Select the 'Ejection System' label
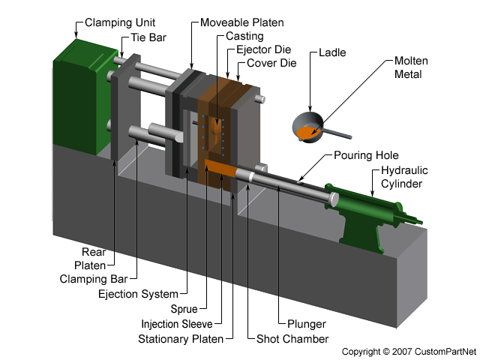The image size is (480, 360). coord(139,293)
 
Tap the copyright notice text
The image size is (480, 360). coord(409,351)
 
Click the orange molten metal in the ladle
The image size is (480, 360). coord(306,133)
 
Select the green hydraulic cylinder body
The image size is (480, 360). coord(367,201)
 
